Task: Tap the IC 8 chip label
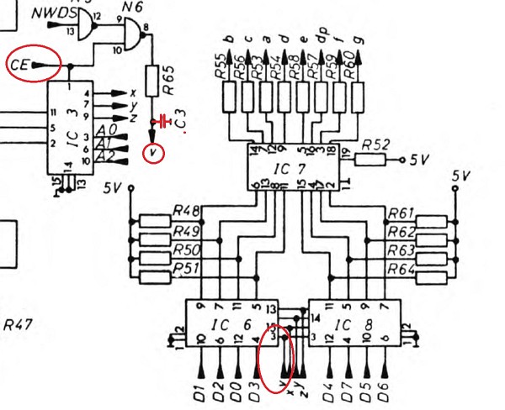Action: pos(353,323)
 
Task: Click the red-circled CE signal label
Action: pos(22,64)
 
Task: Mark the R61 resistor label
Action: pos(401,213)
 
